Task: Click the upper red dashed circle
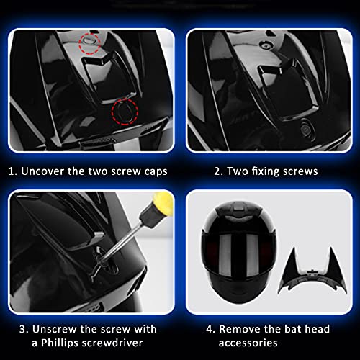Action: [91, 41]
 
